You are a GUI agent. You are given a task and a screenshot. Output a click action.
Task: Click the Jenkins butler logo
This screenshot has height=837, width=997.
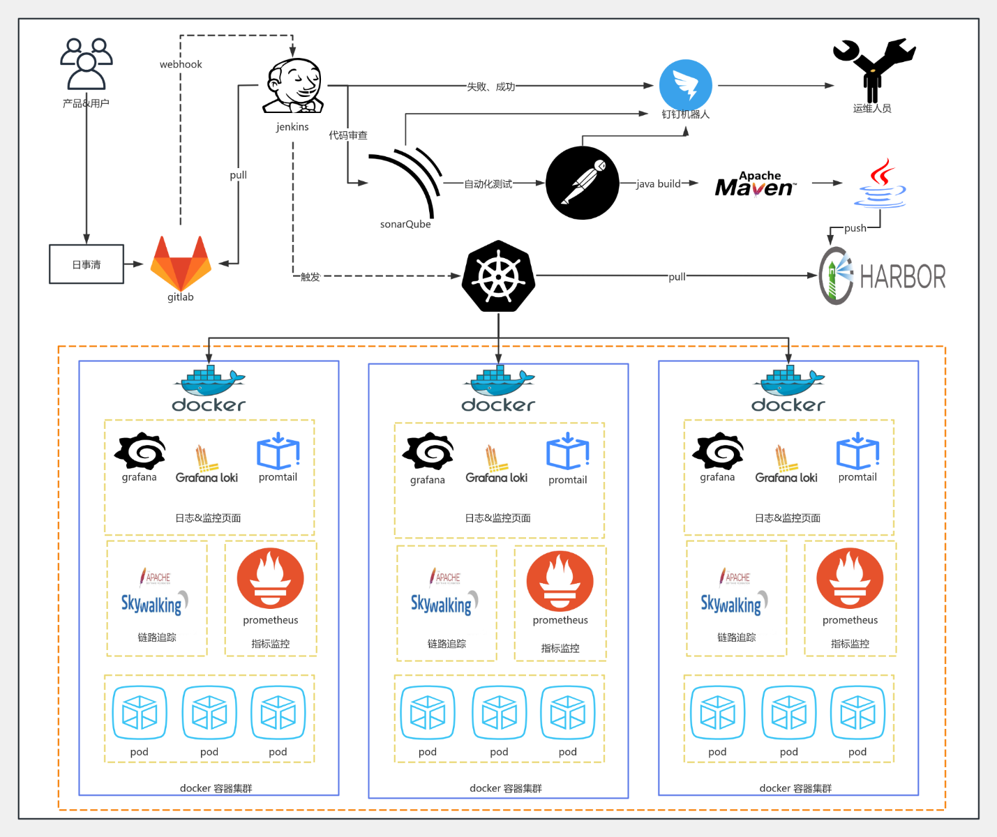[x=293, y=86]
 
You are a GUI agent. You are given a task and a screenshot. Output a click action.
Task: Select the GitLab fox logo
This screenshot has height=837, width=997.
[x=181, y=263]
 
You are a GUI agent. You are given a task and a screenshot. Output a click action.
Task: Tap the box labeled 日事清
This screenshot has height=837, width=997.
[x=87, y=264]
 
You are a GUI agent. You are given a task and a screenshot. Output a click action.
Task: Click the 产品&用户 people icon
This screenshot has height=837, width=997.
[x=87, y=64]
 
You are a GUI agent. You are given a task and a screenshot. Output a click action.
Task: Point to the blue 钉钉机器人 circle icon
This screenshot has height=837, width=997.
[x=685, y=85]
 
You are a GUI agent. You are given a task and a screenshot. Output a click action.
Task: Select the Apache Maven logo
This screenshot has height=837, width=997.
[x=755, y=184]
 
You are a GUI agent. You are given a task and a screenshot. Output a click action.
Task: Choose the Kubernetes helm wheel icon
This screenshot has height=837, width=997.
[x=498, y=276]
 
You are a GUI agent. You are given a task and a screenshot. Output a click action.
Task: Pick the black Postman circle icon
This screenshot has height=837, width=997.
[x=582, y=183]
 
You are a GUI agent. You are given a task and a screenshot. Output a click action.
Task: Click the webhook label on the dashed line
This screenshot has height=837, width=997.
[x=181, y=64]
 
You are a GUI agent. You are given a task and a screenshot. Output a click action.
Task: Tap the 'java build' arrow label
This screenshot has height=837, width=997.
[x=658, y=183]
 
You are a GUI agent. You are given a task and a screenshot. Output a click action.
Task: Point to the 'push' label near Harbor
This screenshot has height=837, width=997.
[x=855, y=228]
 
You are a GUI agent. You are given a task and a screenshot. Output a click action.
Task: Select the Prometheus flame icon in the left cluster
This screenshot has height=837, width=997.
[x=270, y=579]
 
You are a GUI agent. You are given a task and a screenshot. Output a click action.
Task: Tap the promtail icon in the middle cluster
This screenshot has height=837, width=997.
[x=568, y=453]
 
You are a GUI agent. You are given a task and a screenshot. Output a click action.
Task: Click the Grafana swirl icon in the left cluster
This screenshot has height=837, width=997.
[x=140, y=451]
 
